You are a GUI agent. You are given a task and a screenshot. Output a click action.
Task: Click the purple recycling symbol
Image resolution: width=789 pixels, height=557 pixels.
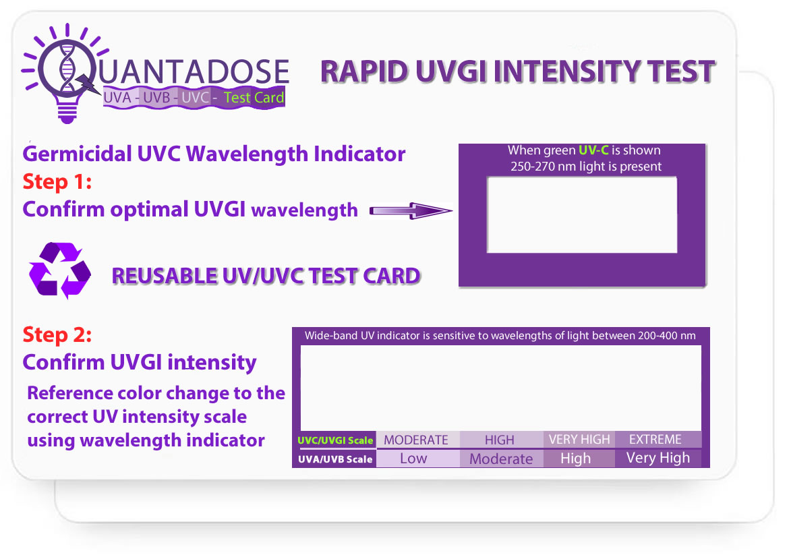(59, 270)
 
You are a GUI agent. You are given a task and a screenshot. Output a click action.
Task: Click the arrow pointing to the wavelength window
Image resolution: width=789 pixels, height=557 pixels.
(410, 212)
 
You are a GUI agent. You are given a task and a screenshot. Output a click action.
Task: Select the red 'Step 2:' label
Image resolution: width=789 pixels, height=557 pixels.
(57, 334)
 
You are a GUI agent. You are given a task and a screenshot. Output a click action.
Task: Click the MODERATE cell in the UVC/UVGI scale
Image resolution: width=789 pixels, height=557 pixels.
(416, 440)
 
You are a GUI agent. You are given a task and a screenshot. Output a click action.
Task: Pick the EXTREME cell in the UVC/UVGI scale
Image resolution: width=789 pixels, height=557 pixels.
(655, 439)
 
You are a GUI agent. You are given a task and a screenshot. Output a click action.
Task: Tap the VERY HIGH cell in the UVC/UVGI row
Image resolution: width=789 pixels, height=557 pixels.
(579, 439)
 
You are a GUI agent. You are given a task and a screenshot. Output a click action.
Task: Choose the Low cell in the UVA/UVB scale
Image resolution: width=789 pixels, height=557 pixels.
(413, 459)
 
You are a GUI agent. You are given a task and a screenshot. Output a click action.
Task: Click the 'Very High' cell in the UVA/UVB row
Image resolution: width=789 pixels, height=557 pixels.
(657, 458)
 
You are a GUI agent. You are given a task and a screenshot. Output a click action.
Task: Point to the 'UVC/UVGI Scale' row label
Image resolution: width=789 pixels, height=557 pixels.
(335, 440)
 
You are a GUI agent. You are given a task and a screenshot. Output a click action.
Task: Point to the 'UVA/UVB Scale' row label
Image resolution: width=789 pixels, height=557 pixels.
(335, 459)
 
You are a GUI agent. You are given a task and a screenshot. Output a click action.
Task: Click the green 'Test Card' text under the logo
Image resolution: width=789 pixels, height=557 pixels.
(254, 98)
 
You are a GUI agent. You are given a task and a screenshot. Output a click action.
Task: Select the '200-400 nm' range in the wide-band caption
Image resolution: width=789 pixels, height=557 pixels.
(666, 335)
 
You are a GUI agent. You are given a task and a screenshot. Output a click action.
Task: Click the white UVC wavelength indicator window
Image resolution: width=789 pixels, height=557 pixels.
(581, 214)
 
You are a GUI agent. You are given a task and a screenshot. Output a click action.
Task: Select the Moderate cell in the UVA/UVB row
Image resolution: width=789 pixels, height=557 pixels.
(501, 459)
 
